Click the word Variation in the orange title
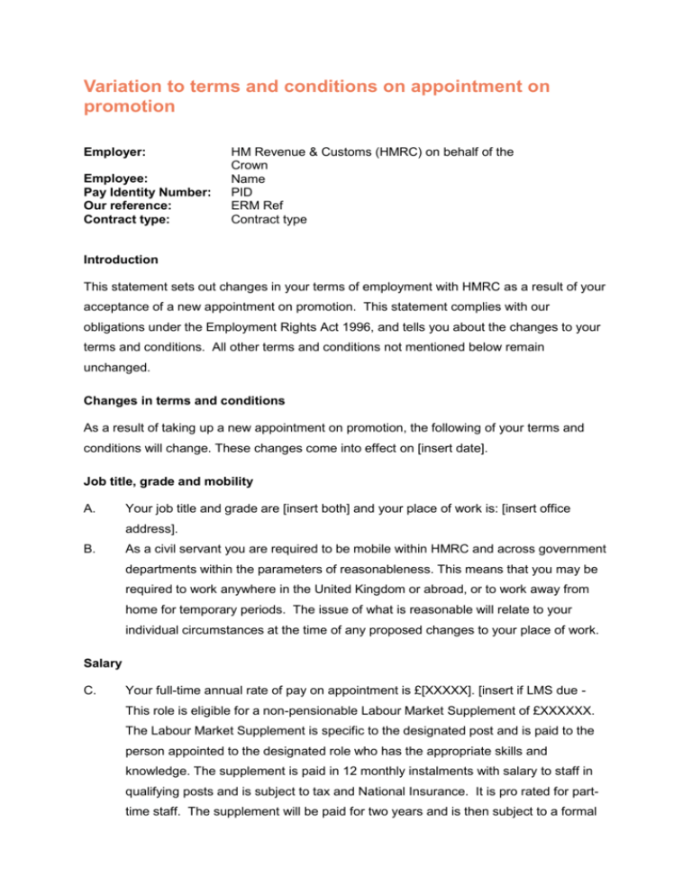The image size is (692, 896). tap(123, 87)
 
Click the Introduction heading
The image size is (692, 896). tap(120, 260)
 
